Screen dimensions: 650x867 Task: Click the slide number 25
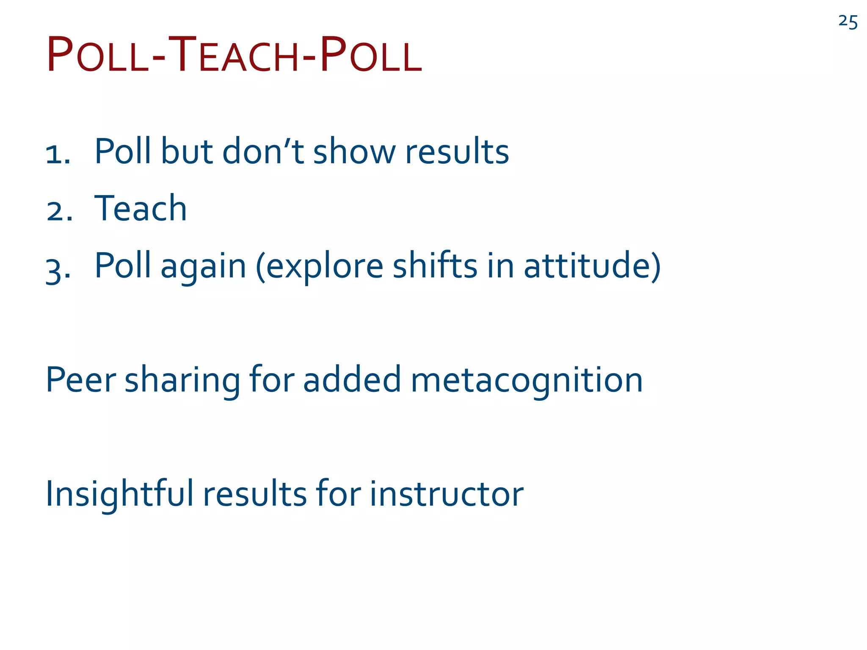[848, 22]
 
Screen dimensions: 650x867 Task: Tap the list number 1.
[58, 154]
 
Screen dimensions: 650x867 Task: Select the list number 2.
[59, 211]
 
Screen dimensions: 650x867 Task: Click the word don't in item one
[263, 151]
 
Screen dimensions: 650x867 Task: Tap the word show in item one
[354, 151]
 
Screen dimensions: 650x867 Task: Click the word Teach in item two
[140, 208]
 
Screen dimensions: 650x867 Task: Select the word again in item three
[203, 267]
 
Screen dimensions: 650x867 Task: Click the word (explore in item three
[319, 267]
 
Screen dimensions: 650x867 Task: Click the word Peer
[80, 380]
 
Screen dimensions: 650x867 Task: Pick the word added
[352, 380]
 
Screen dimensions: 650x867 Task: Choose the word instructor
[447, 494]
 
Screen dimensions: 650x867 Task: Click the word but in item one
[187, 151]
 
